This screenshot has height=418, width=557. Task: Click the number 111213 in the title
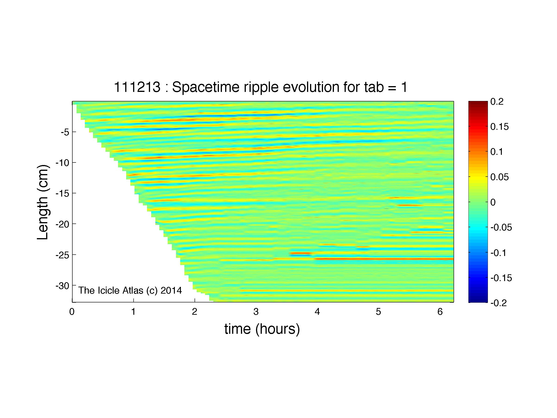click(x=137, y=87)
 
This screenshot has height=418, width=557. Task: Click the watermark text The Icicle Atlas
click(x=111, y=290)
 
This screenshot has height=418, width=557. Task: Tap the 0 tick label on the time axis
click(x=72, y=312)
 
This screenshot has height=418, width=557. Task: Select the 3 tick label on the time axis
click(x=256, y=312)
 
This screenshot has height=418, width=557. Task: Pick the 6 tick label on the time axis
click(x=440, y=312)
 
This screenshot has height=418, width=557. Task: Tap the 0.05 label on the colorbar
click(x=499, y=177)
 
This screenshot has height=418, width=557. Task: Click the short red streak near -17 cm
click(x=410, y=205)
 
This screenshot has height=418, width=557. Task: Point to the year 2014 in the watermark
click(x=171, y=290)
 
